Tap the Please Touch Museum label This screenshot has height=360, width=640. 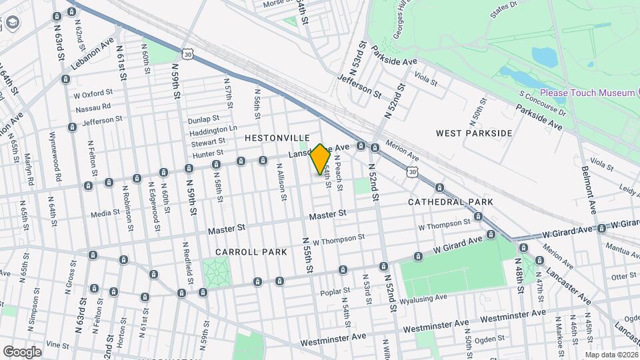tap(587, 93)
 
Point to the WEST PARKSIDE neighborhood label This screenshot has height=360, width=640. tap(474, 133)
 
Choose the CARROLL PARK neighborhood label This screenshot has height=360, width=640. tap(251, 252)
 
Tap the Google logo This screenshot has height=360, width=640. tap(21, 351)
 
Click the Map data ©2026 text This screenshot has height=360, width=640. tap(610, 355)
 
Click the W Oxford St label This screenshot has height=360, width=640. tap(98, 94)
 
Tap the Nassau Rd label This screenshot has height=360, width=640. tap(93, 107)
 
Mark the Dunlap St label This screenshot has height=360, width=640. tap(203, 118)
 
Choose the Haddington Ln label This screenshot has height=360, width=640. tap(214, 129)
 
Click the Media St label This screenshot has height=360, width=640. tap(105, 213)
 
